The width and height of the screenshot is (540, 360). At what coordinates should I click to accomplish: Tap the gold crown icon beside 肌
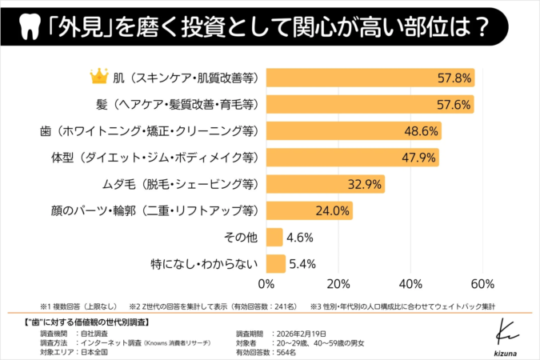(99, 77)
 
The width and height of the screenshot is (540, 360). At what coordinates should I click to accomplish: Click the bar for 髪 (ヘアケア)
(369, 104)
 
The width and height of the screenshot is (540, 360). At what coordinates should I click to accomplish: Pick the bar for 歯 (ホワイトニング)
(353, 130)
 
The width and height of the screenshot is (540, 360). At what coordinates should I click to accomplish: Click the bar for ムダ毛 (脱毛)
(325, 184)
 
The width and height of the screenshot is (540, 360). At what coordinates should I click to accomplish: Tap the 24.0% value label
(331, 210)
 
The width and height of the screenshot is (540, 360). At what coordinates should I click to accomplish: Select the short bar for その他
(274, 237)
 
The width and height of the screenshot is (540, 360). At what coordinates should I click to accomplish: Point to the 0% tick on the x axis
(266, 283)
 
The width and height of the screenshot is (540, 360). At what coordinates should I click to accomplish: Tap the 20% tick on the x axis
(338, 283)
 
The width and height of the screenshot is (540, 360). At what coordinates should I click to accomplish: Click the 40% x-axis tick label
(410, 283)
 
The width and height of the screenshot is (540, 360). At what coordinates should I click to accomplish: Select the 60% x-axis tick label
(482, 283)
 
